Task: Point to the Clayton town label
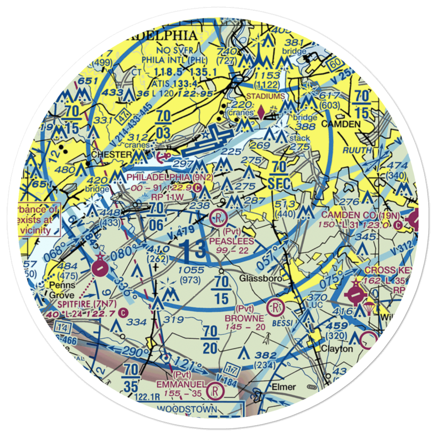tap(337, 349)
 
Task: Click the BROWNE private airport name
tap(244, 318)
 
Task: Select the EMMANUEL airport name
tap(181, 385)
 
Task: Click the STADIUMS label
tap(266, 96)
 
